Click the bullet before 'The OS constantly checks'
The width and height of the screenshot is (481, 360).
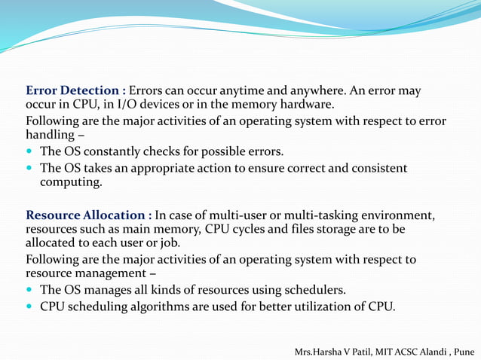[30, 151]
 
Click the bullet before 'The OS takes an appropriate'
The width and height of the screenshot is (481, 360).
[30, 168]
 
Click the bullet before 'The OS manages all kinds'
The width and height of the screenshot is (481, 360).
[30, 290]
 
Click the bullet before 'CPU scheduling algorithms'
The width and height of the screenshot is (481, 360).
[30, 306]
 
